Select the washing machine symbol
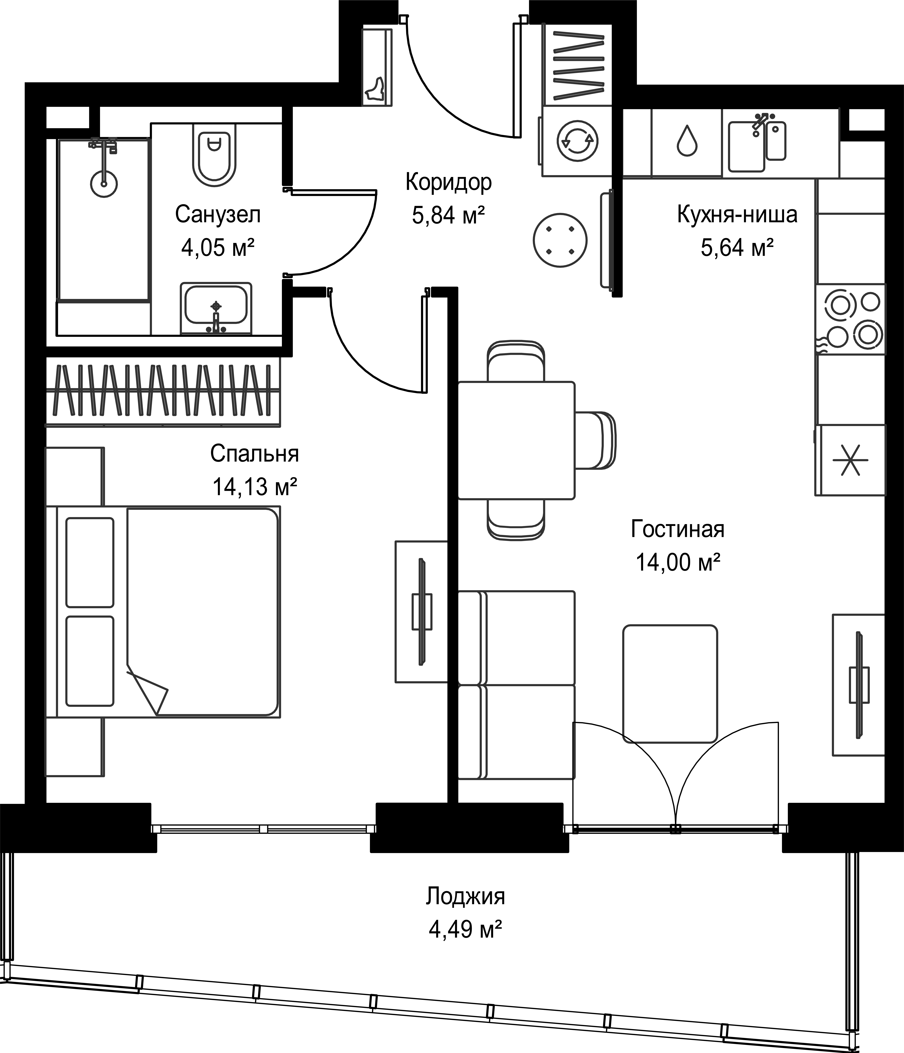(x=577, y=141)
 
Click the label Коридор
(x=448, y=182)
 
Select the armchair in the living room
(x=670, y=684)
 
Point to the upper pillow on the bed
(x=90, y=563)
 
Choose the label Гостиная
(x=677, y=529)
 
